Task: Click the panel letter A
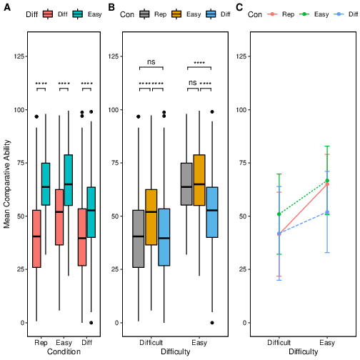pyautogui.click(x=7, y=8)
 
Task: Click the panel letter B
pyautogui.click(x=111, y=8)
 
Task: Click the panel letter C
pyautogui.click(x=239, y=8)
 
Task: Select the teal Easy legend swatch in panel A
pyautogui.click(x=78, y=14)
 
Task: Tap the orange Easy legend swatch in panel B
pyautogui.click(x=176, y=14)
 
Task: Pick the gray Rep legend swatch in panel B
pyautogui.click(x=144, y=14)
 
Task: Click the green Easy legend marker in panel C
pyautogui.click(x=304, y=14)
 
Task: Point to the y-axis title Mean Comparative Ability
pyautogui.click(x=7, y=184)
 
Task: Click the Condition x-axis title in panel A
pyautogui.click(x=64, y=351)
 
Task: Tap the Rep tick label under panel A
pyautogui.click(x=41, y=343)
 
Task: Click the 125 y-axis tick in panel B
pyautogui.click(x=114, y=56)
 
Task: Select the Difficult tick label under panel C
pyautogui.click(x=279, y=343)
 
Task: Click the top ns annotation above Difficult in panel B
pyautogui.click(x=151, y=62)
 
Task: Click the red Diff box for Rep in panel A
pyautogui.click(x=36, y=239)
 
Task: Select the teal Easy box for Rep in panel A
pyautogui.click(x=46, y=184)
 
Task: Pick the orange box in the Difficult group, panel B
pyautogui.click(x=151, y=217)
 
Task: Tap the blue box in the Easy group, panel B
pyautogui.click(x=212, y=212)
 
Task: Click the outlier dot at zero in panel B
pyautogui.click(x=212, y=323)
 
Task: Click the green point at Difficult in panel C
pyautogui.click(x=279, y=214)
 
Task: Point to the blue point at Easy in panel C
pyautogui.click(x=327, y=212)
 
